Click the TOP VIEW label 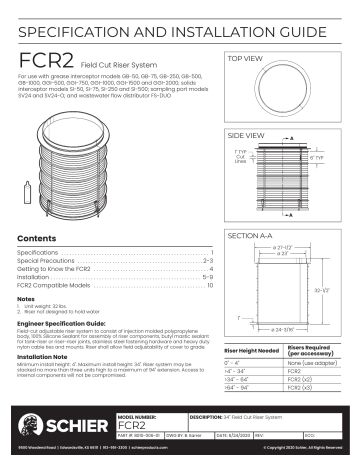click(247, 59)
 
